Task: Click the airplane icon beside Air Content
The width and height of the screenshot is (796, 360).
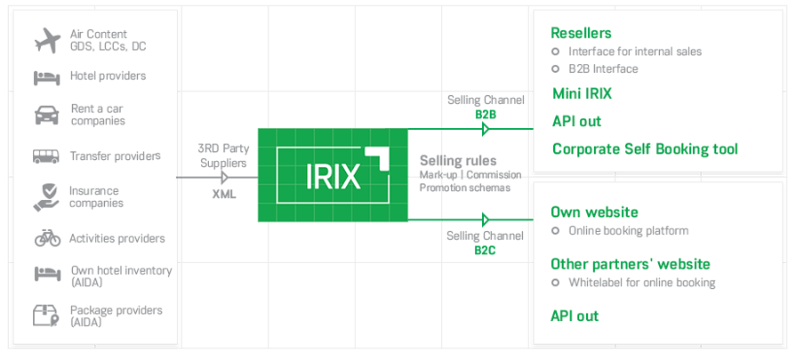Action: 46,40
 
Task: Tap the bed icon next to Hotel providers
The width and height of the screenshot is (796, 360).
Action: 46,76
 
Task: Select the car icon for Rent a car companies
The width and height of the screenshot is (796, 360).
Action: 46,115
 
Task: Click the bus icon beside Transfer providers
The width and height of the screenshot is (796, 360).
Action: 46,156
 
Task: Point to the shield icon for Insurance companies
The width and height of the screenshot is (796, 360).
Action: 46,196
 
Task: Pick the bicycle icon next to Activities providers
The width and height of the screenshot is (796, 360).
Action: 47,238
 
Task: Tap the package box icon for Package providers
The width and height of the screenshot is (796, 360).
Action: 46,316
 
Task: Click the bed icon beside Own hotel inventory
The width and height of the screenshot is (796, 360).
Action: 46,276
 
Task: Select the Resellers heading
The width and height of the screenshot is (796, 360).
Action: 581,33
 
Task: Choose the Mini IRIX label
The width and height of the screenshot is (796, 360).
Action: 582,93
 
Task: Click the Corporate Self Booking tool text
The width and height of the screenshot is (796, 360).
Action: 645,148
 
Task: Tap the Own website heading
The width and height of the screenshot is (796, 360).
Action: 594,212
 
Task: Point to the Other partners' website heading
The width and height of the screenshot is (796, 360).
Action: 630,264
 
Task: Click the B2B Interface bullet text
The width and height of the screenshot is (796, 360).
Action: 603,68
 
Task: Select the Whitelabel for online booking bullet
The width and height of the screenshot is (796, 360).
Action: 641,283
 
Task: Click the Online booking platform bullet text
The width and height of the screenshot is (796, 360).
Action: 628,230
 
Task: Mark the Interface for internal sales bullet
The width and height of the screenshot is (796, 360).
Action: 634,52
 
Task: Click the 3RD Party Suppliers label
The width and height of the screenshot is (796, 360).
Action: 223,156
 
